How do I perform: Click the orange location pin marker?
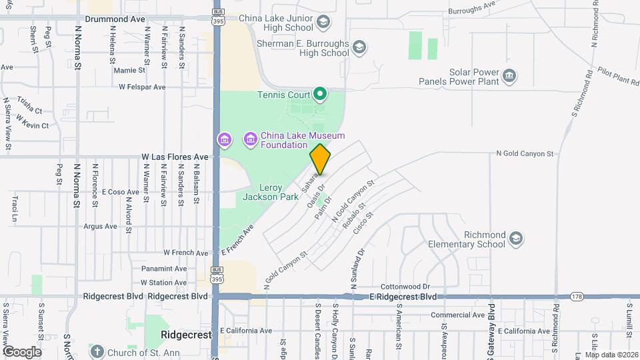point(320,159)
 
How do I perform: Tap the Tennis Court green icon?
point(319,94)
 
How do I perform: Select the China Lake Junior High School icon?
point(323,22)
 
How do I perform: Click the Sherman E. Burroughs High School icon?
point(359,47)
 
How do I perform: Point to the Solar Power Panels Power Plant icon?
point(509,75)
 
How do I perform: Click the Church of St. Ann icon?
point(97,351)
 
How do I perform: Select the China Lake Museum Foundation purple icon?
point(251,139)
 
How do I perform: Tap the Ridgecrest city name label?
point(186,334)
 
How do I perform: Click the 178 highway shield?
point(577,296)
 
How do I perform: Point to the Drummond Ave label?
point(115,20)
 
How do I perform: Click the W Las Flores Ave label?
point(175,157)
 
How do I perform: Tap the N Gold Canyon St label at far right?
point(525,153)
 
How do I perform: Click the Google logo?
point(22,351)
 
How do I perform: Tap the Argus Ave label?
point(101,226)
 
